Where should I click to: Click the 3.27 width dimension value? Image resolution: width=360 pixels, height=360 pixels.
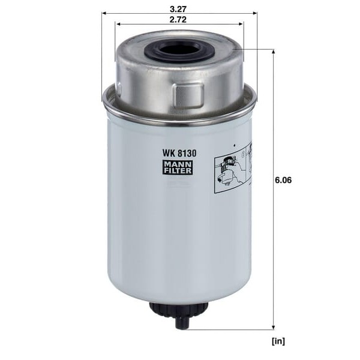coord(178,9)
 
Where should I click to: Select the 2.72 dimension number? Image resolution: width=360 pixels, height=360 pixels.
coord(178,20)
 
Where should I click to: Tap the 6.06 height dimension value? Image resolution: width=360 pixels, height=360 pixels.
coord(283,180)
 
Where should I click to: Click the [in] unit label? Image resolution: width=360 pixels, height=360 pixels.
coord(278,341)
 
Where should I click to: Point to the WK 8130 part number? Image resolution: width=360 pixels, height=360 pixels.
coord(179,153)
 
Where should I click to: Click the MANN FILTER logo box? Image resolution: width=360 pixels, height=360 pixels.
coord(177,167)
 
